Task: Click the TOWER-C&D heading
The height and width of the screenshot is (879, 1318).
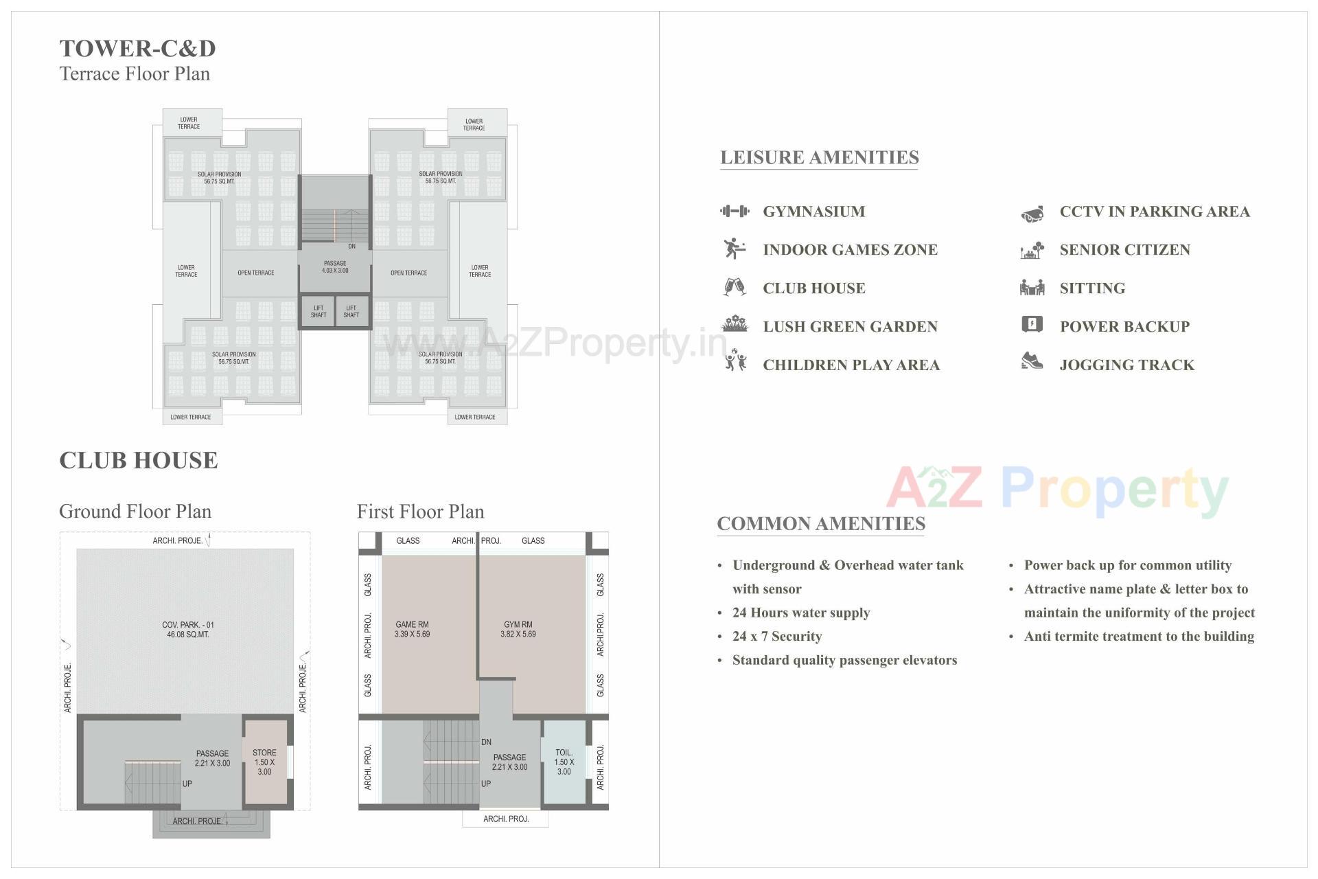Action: click(x=137, y=49)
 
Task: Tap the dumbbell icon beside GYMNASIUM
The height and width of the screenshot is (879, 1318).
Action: click(x=735, y=212)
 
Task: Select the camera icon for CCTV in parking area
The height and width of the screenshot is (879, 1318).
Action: click(x=1032, y=214)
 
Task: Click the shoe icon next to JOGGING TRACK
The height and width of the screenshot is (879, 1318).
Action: click(x=1031, y=361)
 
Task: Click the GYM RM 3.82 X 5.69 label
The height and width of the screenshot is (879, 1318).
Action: click(x=518, y=629)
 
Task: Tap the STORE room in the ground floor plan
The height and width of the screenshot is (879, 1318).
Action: click(x=265, y=762)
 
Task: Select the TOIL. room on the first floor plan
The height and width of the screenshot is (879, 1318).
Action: click(x=564, y=762)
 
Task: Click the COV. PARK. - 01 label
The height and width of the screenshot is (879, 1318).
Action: click(x=187, y=629)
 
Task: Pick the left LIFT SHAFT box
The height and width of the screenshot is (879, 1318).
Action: click(x=319, y=312)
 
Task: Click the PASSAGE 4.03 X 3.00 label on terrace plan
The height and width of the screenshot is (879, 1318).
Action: click(x=335, y=267)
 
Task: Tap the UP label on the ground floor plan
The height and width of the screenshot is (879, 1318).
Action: click(x=187, y=784)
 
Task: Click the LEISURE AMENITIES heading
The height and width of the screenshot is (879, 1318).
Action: click(x=819, y=157)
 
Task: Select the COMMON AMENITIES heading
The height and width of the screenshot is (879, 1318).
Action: click(x=821, y=524)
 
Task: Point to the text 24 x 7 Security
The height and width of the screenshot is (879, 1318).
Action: click(x=776, y=637)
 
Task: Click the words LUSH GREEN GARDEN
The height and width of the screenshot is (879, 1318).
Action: click(x=850, y=327)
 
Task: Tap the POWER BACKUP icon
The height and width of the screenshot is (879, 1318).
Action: click(x=1032, y=324)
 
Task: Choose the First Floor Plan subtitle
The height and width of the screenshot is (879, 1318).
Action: click(x=420, y=512)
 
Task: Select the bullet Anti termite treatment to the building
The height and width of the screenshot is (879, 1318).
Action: click(x=1139, y=637)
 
